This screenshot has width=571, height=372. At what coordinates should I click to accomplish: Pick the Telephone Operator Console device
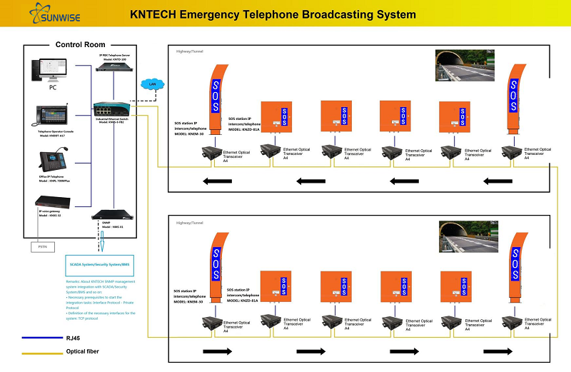click(51, 115)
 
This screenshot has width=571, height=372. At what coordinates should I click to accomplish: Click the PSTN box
click(39, 247)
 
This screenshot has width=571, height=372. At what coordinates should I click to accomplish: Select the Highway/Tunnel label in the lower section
click(190, 223)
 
